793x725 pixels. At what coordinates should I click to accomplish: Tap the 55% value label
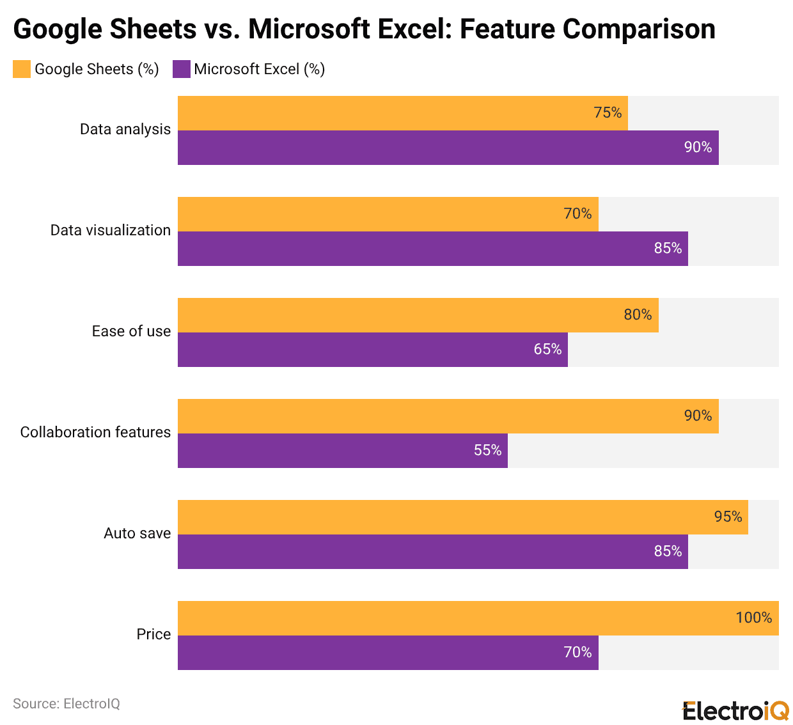[x=487, y=451]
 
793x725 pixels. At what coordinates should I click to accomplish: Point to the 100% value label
[x=753, y=618]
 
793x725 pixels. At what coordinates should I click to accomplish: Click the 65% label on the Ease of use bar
[x=547, y=350]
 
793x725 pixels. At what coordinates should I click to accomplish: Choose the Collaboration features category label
[x=95, y=433]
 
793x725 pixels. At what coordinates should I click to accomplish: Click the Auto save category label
[x=137, y=534]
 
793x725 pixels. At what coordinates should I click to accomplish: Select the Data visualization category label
[x=110, y=231]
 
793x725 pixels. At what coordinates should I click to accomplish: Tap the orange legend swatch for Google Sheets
[x=22, y=69]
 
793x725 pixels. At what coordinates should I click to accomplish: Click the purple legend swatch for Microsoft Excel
[x=182, y=69]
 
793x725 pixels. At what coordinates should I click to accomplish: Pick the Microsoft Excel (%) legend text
[x=259, y=69]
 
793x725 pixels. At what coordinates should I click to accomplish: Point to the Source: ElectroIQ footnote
[x=67, y=704]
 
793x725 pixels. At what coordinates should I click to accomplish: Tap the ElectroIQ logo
[x=735, y=710]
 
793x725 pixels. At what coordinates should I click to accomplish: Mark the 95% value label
[x=728, y=517]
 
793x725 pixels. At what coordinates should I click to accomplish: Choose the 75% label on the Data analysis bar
[x=607, y=113]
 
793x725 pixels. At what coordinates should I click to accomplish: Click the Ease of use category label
[x=131, y=332]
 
